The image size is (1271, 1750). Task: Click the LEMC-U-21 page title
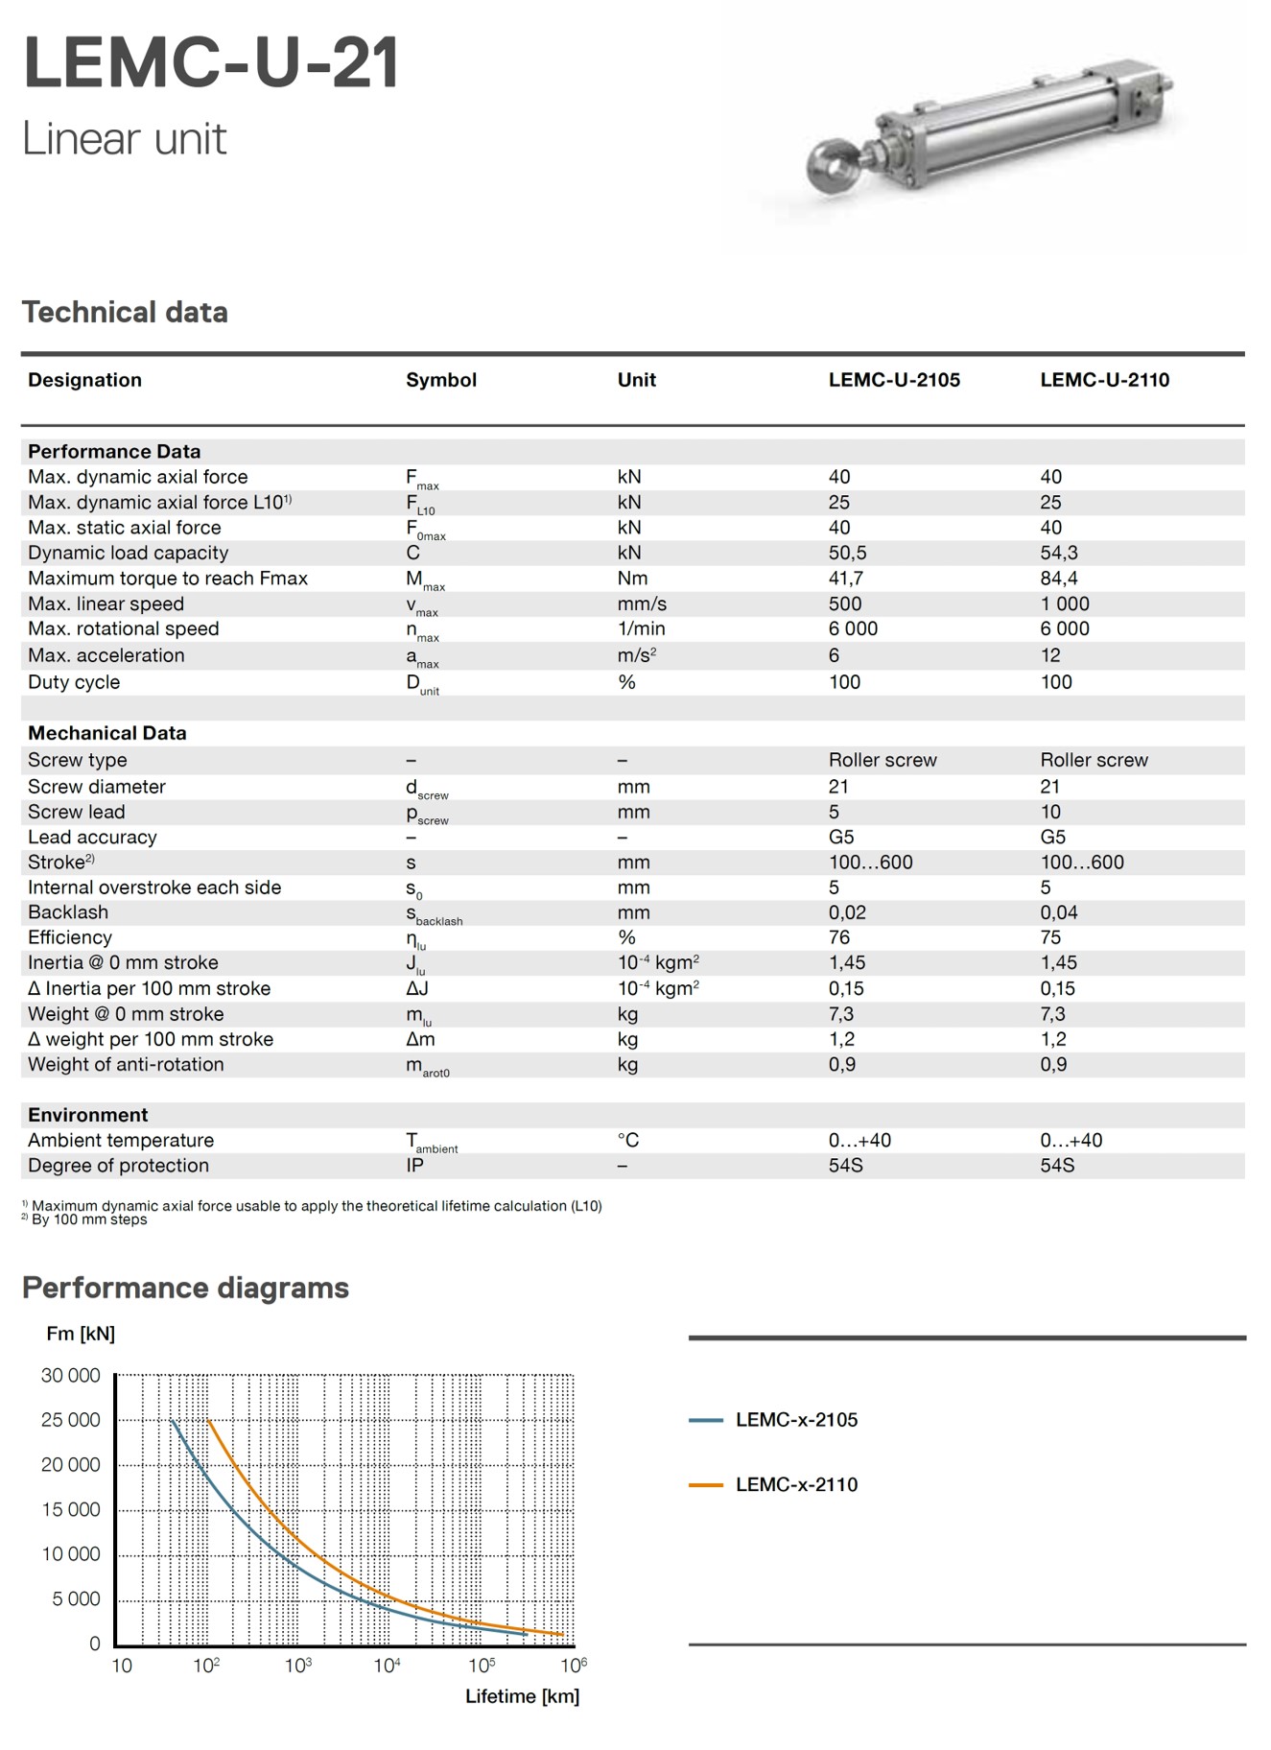(x=211, y=63)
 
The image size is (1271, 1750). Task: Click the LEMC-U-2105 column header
(x=893, y=380)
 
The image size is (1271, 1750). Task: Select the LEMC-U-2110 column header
(x=1104, y=380)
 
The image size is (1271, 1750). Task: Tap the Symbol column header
(x=440, y=380)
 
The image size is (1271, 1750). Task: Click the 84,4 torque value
(x=1058, y=579)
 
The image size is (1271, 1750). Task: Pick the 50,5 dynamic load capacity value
(x=847, y=553)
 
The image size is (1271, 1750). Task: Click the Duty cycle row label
(x=74, y=682)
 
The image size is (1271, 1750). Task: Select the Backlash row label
(x=68, y=912)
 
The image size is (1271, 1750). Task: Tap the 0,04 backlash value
(x=1058, y=912)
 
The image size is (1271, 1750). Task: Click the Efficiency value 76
(x=839, y=937)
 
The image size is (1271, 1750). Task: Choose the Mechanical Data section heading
(x=106, y=733)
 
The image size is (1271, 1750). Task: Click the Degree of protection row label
(x=118, y=1166)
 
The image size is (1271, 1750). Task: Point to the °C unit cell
(x=627, y=1140)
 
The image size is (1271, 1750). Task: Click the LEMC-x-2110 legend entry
(x=795, y=1484)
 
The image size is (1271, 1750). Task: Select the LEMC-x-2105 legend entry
(x=795, y=1420)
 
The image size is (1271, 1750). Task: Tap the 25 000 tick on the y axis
(x=70, y=1420)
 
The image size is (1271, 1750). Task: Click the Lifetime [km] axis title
(x=522, y=1696)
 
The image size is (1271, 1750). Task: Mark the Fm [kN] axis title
(x=81, y=1334)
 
